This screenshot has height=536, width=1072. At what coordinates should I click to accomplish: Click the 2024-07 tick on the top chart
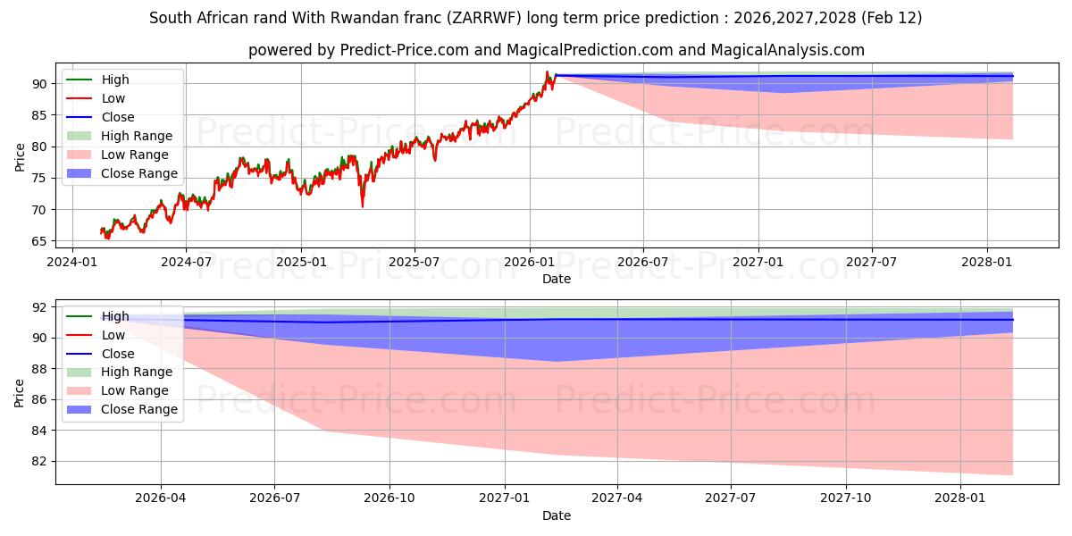point(186,262)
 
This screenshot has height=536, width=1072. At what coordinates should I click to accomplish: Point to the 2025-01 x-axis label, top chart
point(301,262)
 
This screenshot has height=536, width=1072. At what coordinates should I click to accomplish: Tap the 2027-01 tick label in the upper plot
point(758,262)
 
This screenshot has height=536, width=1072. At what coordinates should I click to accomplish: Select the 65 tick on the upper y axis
point(39,241)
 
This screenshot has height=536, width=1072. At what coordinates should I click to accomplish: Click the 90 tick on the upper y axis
point(39,84)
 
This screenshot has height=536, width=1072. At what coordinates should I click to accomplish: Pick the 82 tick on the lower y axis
point(39,462)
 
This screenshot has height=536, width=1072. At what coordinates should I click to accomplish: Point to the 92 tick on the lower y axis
point(39,307)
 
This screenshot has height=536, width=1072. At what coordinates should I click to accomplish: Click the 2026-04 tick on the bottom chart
point(161,498)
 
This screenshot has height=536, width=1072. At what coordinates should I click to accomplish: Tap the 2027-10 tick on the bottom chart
point(845,498)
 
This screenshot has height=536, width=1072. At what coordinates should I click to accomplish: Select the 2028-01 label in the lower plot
point(960,498)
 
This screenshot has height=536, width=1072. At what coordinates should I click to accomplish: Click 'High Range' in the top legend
point(137,136)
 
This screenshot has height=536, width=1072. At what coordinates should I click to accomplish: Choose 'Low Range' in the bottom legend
point(135,390)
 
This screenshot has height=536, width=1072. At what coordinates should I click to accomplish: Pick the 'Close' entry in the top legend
point(118,117)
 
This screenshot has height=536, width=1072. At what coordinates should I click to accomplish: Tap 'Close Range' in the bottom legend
point(139,409)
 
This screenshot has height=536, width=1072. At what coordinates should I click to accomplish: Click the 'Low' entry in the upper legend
point(113,98)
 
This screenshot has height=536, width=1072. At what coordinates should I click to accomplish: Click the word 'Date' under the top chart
point(556,279)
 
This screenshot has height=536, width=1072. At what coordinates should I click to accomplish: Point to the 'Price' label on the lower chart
point(20,392)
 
